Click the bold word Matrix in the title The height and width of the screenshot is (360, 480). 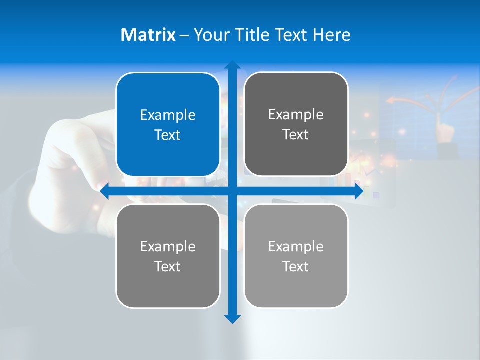click(148, 35)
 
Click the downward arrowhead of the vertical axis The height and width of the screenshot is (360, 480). click(232, 319)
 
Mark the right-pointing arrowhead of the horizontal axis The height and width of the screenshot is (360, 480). click(359, 191)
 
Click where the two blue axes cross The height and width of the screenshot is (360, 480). click(232, 191)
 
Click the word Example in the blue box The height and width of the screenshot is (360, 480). click(168, 115)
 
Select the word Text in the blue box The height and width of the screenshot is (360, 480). click(168, 135)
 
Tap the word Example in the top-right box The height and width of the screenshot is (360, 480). click(296, 115)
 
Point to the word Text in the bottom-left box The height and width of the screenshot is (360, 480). click(168, 267)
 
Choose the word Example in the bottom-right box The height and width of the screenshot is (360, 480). click(296, 246)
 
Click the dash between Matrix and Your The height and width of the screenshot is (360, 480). click(184, 35)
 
